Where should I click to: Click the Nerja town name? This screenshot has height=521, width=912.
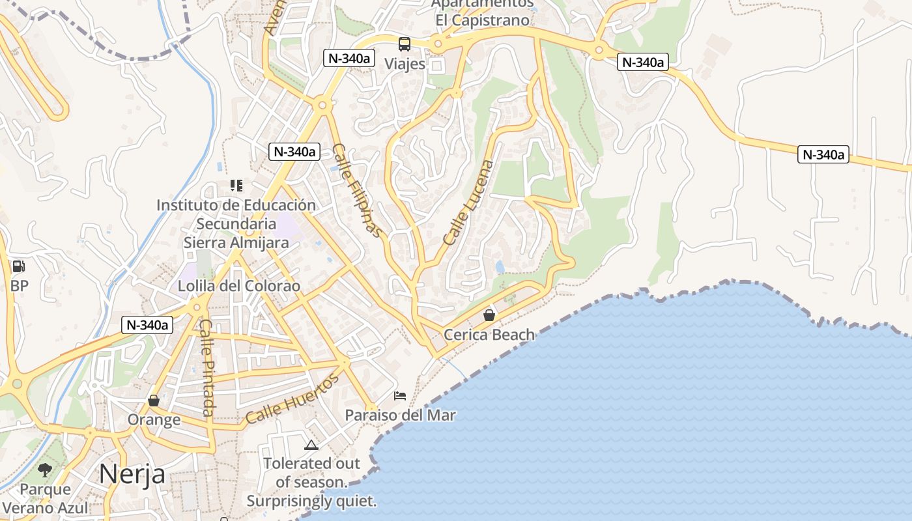click(132, 474)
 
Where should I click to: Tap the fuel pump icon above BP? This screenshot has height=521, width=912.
click(18, 266)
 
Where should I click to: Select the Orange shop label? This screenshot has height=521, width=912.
click(154, 419)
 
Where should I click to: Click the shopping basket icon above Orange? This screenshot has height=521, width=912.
click(154, 400)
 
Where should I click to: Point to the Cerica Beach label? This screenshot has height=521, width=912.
click(489, 335)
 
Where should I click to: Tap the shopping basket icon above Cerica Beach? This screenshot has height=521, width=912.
click(489, 315)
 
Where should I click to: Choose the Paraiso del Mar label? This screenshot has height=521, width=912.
click(400, 415)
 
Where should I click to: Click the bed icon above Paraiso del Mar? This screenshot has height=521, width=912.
click(400, 395)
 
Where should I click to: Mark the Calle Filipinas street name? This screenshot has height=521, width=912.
click(356, 190)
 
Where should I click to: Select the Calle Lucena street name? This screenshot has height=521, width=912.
click(468, 203)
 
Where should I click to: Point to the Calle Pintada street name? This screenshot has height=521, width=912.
click(207, 367)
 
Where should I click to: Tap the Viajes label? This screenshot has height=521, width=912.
click(405, 64)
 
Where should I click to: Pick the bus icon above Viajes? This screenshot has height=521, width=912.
click(405, 44)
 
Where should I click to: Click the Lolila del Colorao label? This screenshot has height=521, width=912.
click(239, 286)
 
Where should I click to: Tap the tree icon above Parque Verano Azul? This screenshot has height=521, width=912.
click(45, 470)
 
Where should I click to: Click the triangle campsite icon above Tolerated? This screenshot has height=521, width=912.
click(311, 445)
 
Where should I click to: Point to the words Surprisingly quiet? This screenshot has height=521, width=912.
click(311, 501)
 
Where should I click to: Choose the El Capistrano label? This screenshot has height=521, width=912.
click(483, 20)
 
